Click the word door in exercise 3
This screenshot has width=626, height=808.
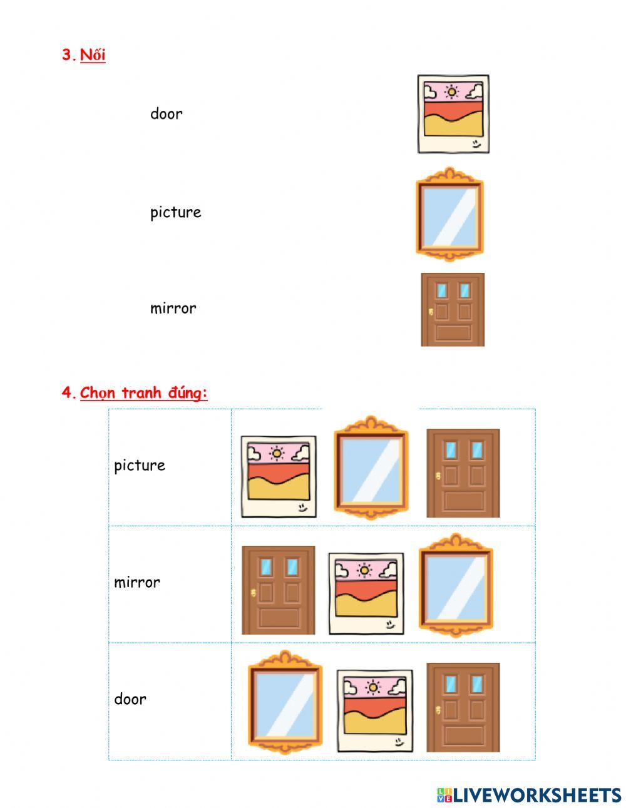(166, 114)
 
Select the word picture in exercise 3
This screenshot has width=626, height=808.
(175, 212)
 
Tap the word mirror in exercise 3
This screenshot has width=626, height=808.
(173, 308)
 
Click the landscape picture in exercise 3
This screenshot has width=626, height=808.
(453, 115)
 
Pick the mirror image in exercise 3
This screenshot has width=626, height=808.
(449, 214)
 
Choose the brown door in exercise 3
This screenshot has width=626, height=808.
(452, 309)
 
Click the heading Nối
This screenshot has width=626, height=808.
(93, 55)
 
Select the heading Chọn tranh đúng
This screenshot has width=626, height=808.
(143, 393)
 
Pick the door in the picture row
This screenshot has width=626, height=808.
(463, 473)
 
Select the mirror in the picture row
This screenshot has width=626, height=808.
(371, 467)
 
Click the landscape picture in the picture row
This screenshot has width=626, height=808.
(278, 476)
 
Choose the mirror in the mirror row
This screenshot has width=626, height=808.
(455, 585)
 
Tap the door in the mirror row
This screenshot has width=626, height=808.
(279, 590)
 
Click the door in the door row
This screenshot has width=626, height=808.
(463, 707)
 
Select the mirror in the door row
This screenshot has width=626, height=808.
(285, 702)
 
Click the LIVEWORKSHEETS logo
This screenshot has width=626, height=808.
(529, 795)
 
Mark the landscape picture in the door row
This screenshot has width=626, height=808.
(374, 710)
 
